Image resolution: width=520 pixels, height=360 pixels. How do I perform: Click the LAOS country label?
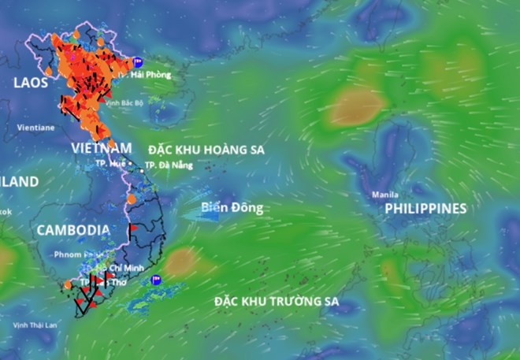[31, 81]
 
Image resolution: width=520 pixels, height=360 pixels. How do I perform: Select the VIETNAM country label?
[101, 148]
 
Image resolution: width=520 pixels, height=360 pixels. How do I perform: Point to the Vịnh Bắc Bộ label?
[126, 102]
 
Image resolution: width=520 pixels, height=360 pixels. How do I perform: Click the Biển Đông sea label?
[231, 208]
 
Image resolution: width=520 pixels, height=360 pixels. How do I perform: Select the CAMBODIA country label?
[73, 229]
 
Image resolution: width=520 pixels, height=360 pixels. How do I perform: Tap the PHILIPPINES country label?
[425, 208]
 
